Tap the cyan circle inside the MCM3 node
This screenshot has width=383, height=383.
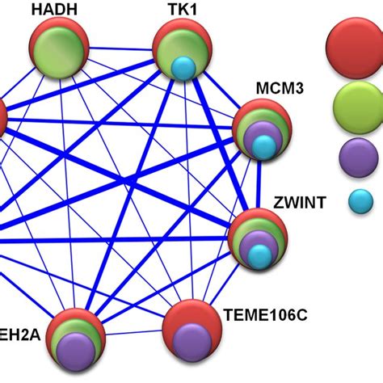tap(263, 146)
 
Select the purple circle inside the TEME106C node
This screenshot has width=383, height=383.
tap(193, 345)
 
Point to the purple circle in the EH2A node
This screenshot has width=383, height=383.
tap(75, 349)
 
